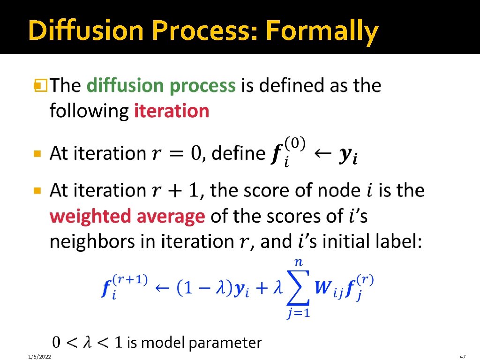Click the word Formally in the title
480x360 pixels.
coord(322,31)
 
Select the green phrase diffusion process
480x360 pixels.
coord(161,86)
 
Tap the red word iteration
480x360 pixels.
coord(172,111)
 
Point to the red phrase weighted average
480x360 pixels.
coord(127,216)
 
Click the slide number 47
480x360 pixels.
coord(464,357)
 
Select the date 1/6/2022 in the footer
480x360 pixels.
coord(39,357)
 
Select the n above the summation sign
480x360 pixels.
coord(298,263)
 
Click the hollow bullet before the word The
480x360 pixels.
coord(39,86)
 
